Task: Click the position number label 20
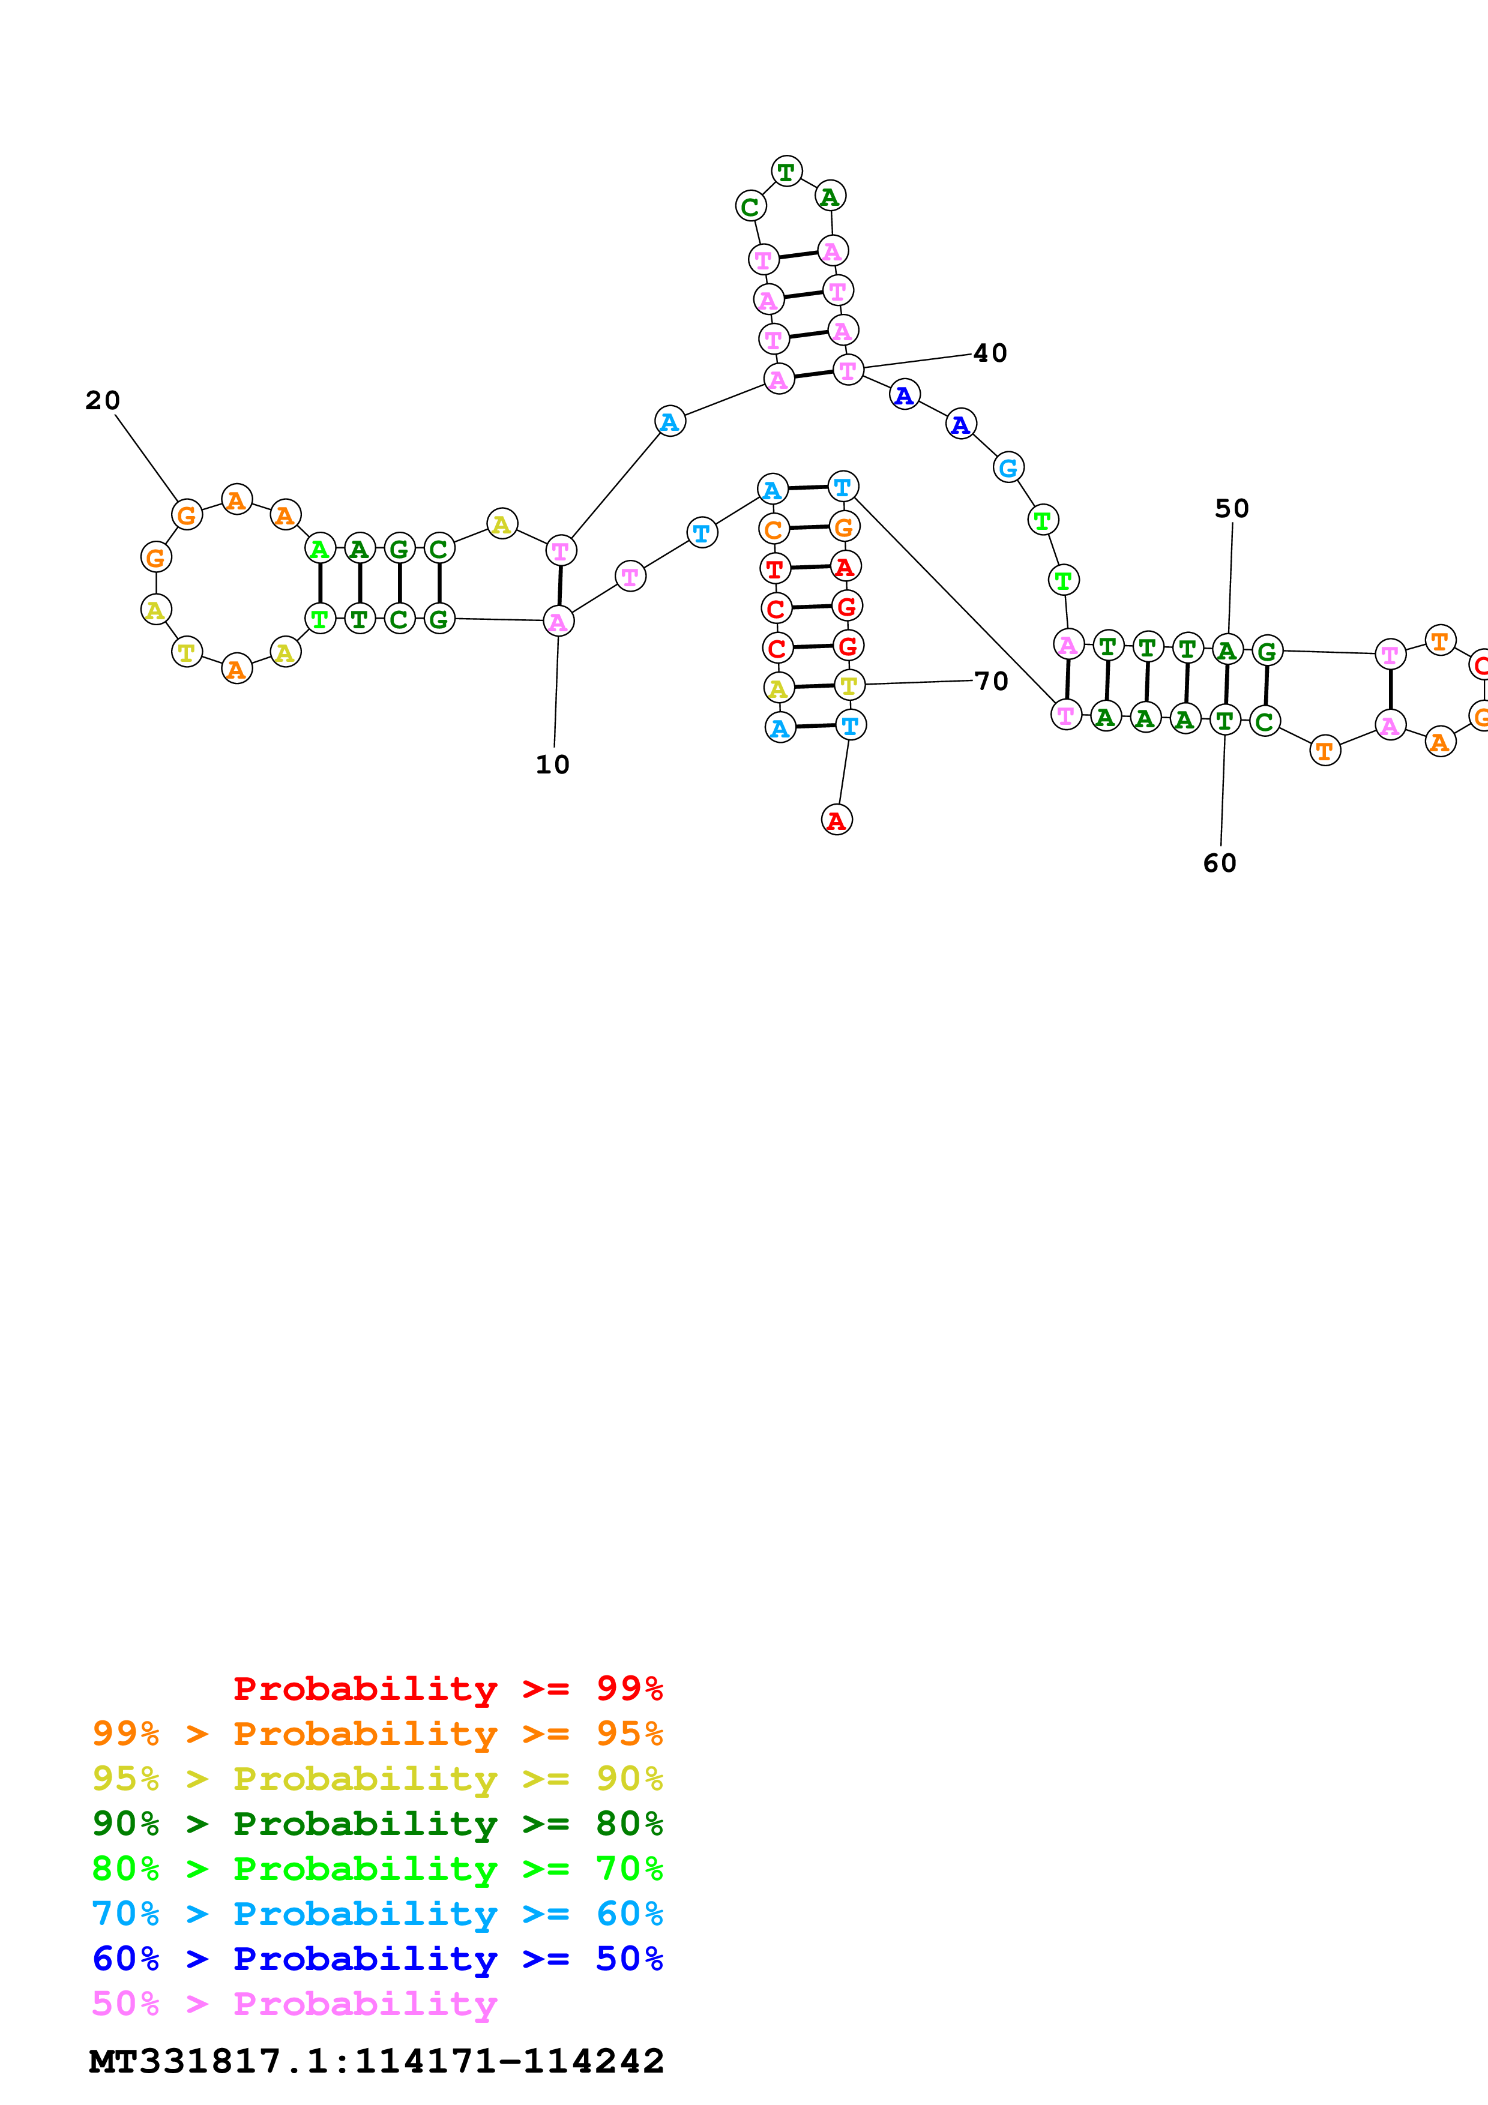pos(103,401)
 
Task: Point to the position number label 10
pos(552,764)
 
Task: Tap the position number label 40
pos(990,353)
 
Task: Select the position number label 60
pos(1219,863)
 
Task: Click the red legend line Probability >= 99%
pos(447,1689)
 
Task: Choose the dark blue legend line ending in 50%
pos(377,1959)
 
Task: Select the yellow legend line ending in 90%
pos(377,1779)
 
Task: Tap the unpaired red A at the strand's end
pos(836,820)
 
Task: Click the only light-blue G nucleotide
pos(1008,467)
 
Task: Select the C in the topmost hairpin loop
pos(750,206)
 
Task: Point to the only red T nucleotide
pos(775,568)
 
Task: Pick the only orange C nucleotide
pos(773,529)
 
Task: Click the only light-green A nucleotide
pos(319,549)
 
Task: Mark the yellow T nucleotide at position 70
pos(849,685)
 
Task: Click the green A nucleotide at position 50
pos(1227,650)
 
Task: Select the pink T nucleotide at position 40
pos(848,370)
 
